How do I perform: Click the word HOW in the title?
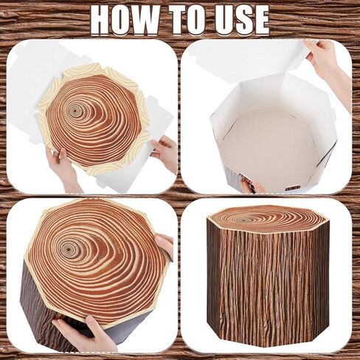pyautogui.click(x=127, y=19)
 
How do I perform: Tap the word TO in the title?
pyautogui.click(x=190, y=19)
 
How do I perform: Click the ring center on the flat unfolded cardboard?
pyautogui.click(x=75, y=111)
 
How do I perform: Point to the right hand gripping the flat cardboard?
pyautogui.click(x=165, y=151)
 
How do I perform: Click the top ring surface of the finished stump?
pyautogui.click(x=267, y=218)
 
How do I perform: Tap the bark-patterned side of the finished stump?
pyautogui.click(x=267, y=288)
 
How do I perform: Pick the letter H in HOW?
pyautogui.click(x=103, y=19)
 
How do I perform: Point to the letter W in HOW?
pyautogui.click(x=151, y=19)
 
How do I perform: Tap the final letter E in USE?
pyautogui.click(x=260, y=19)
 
